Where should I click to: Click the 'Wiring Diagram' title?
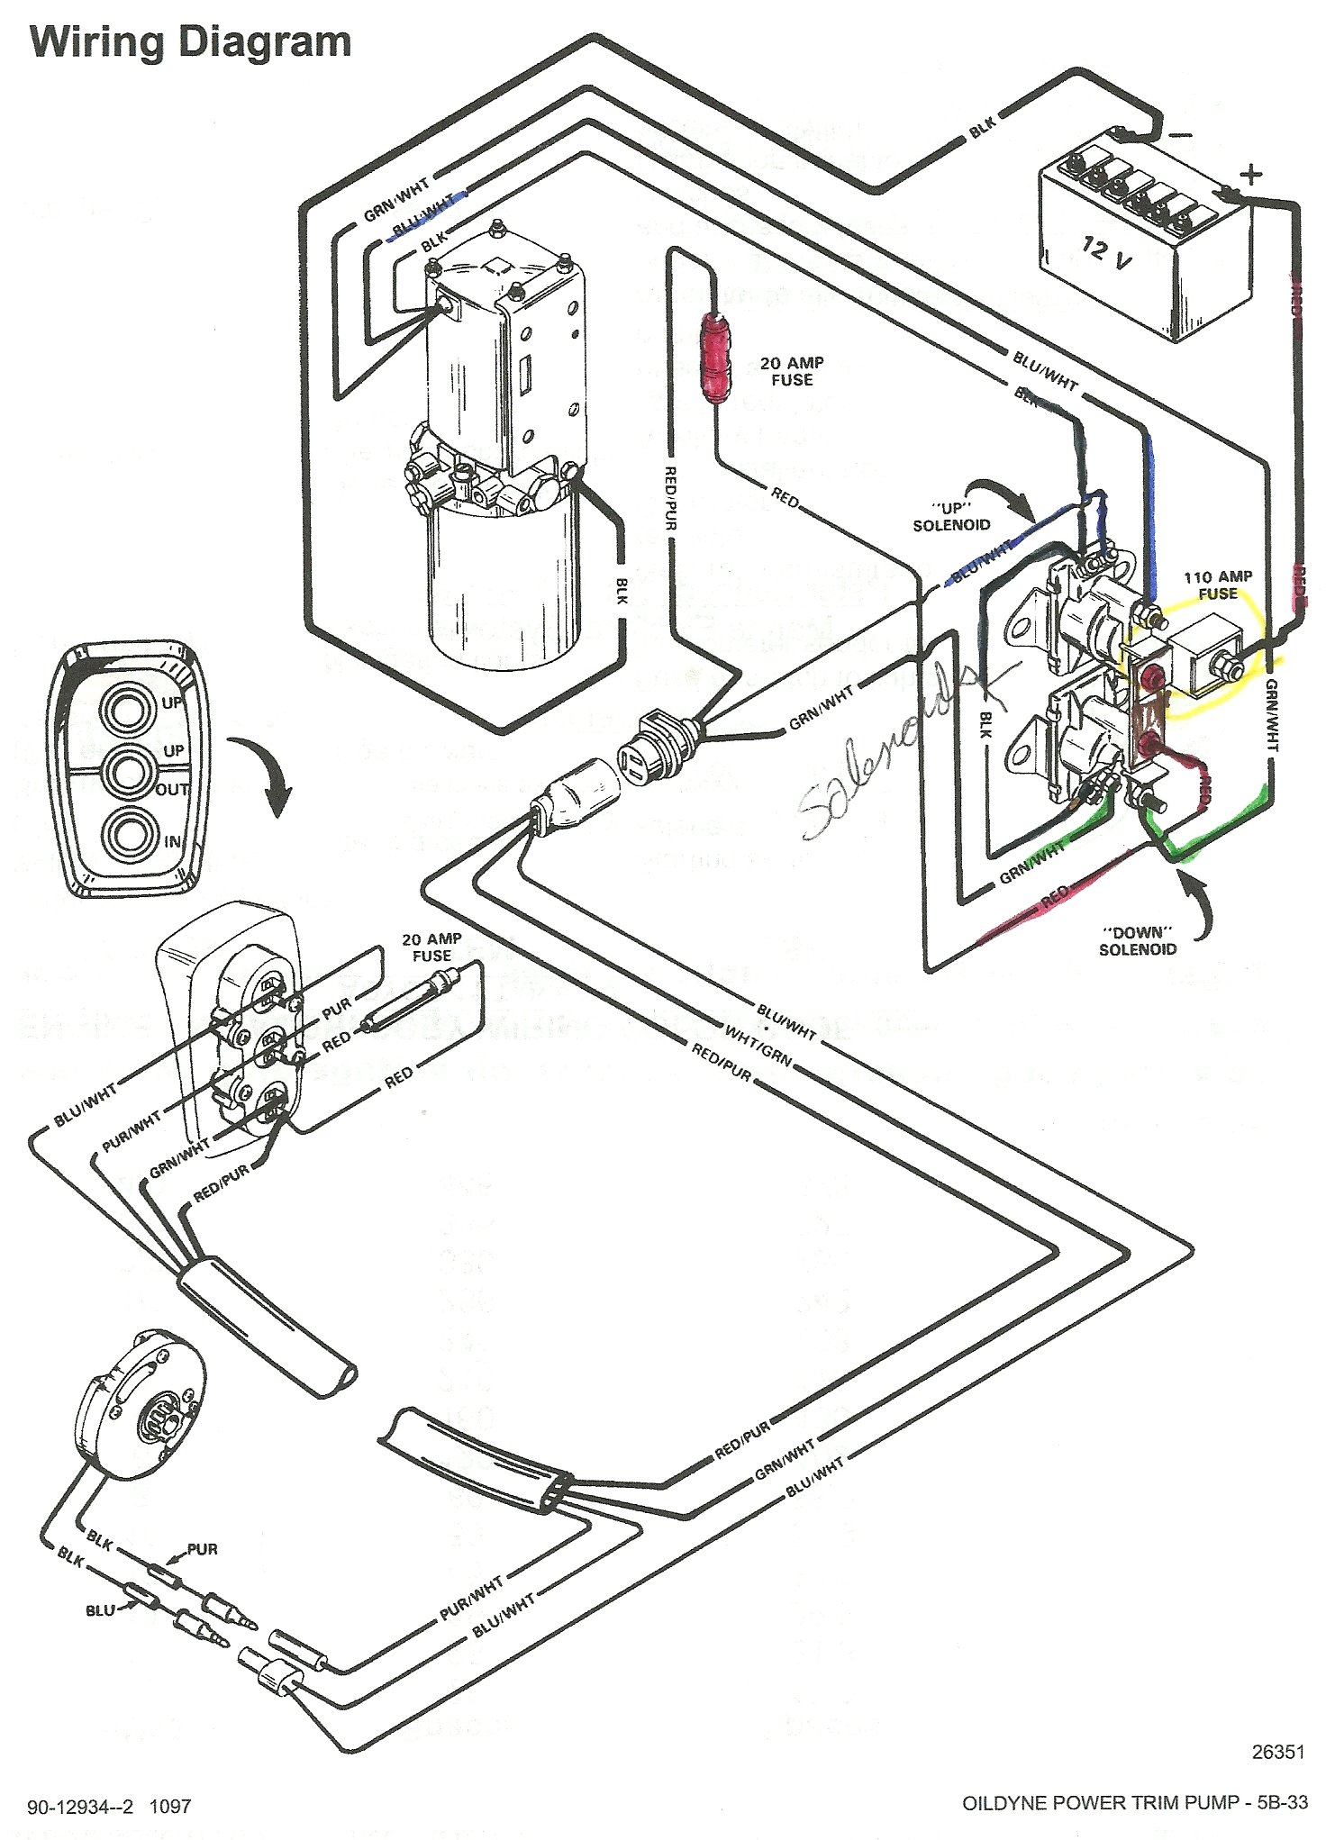(190, 42)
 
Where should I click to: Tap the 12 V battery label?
(1106, 253)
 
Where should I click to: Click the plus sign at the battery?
(1251, 174)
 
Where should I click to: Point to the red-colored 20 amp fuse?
(716, 358)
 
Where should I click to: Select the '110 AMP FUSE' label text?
(1217, 585)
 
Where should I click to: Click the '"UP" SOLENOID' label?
(951, 516)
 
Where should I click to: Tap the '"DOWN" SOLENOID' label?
(1137, 940)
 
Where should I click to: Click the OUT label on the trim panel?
(172, 790)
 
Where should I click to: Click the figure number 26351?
(1277, 1752)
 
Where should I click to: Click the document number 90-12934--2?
(80, 1806)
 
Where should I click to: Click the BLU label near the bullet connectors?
(100, 1609)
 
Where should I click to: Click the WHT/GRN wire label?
(758, 1048)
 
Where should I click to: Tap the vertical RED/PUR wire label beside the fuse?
(670, 497)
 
